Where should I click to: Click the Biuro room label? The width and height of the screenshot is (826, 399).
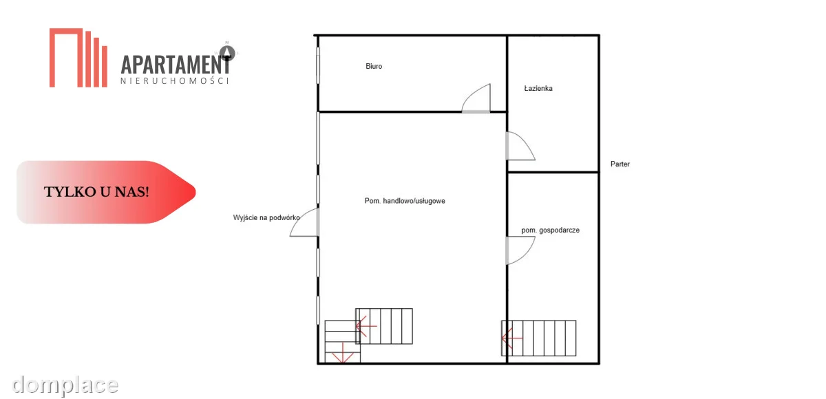(x=374, y=66)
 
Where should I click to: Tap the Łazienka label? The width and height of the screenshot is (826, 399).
(x=538, y=89)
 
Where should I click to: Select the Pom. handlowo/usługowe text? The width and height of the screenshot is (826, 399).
(x=405, y=201)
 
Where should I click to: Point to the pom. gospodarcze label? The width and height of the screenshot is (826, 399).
(x=550, y=230)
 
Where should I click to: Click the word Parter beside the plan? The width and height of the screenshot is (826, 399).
(x=620, y=164)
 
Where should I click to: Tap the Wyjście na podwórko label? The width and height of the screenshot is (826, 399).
(x=266, y=218)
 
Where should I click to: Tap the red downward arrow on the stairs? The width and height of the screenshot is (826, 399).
(x=343, y=353)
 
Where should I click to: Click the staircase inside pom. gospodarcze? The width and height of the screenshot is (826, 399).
(x=538, y=338)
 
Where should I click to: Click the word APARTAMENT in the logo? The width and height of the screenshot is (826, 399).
(x=176, y=65)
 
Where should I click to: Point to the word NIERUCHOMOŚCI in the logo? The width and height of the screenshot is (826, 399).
(x=175, y=80)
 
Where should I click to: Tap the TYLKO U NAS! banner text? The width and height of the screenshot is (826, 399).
(x=96, y=192)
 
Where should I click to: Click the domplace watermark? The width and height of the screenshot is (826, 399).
(x=65, y=385)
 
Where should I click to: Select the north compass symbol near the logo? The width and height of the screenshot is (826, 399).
(x=227, y=52)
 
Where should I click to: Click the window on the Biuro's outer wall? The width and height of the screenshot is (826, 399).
(x=318, y=65)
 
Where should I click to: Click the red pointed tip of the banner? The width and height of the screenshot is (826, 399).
(x=195, y=192)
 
